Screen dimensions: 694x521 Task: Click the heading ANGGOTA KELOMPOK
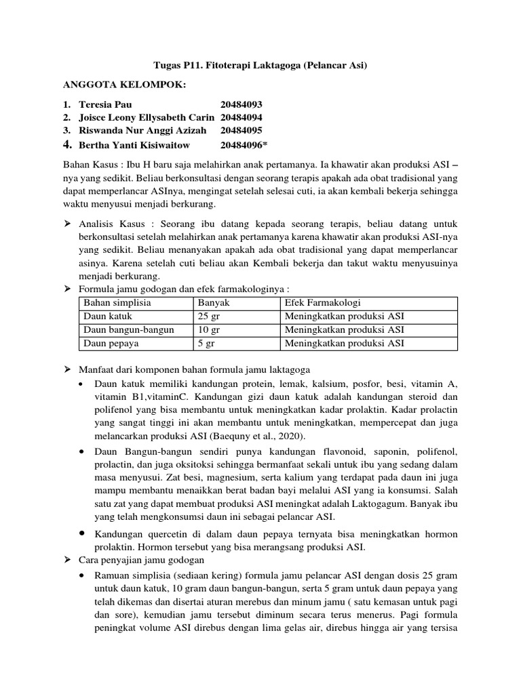pyautogui.click(x=124, y=84)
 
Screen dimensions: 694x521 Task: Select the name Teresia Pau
pyautogui.click(x=103, y=104)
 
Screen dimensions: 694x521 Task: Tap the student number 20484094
pyautogui.click(x=241, y=117)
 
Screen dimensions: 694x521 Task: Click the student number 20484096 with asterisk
pyautogui.click(x=244, y=144)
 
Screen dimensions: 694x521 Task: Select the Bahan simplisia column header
pyautogui.click(x=117, y=303)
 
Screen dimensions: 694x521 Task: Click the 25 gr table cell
pyautogui.click(x=209, y=317)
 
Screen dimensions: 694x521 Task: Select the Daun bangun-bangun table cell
pyautogui.click(x=128, y=330)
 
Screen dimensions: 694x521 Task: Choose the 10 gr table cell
pyautogui.click(x=209, y=330)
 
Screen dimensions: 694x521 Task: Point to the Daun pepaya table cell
pyautogui.click(x=111, y=344)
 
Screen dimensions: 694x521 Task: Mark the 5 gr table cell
pyautogui.click(x=206, y=344)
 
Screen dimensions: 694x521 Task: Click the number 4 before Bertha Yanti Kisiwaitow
pyautogui.click(x=66, y=144)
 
